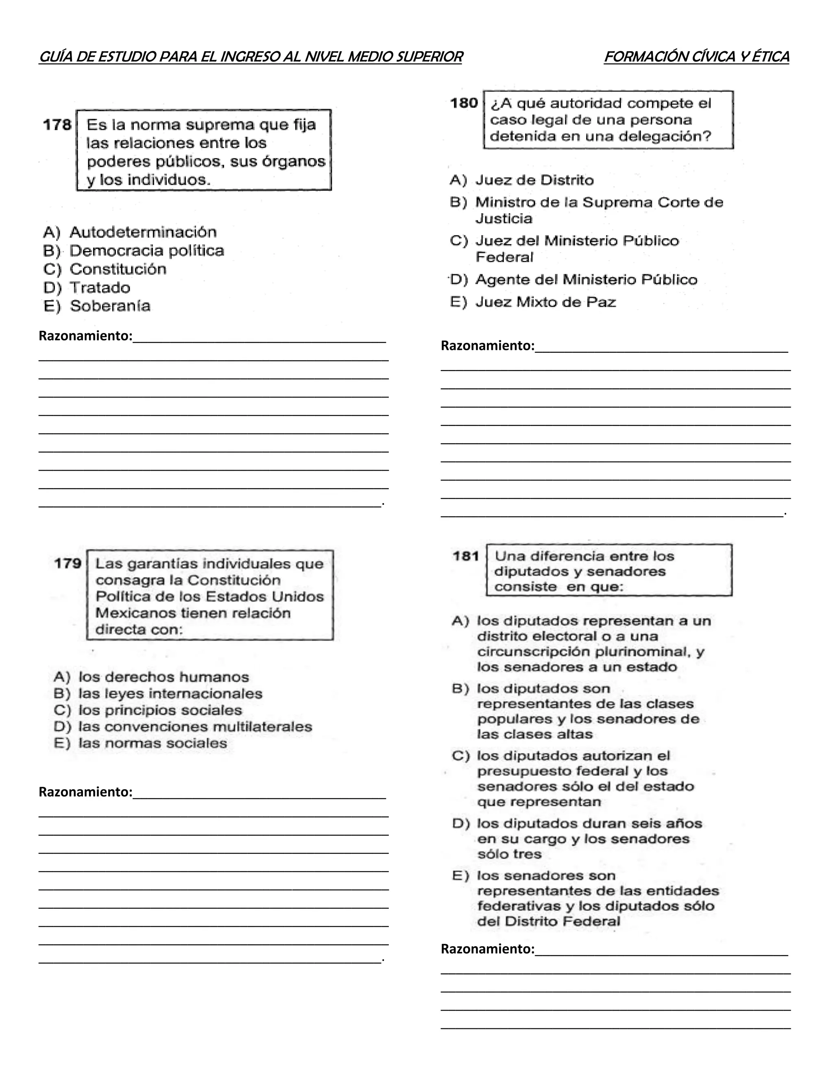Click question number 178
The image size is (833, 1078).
click(x=57, y=125)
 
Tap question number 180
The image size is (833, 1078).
click(x=464, y=103)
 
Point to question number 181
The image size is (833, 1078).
click(x=466, y=556)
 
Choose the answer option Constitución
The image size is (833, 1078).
click(x=118, y=269)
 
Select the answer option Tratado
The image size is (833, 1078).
click(x=100, y=287)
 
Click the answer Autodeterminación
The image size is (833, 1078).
click(x=143, y=232)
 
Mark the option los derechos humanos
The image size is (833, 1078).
click(x=164, y=677)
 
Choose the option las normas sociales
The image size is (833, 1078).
click(x=153, y=743)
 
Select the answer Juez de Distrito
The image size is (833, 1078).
click(x=534, y=180)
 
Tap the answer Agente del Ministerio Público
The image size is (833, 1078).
click(x=586, y=279)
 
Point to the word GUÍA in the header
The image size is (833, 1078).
click(x=56, y=57)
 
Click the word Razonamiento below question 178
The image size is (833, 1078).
click(x=85, y=336)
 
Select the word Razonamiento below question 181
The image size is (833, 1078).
click(x=486, y=949)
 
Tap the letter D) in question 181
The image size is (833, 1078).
click(x=460, y=823)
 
